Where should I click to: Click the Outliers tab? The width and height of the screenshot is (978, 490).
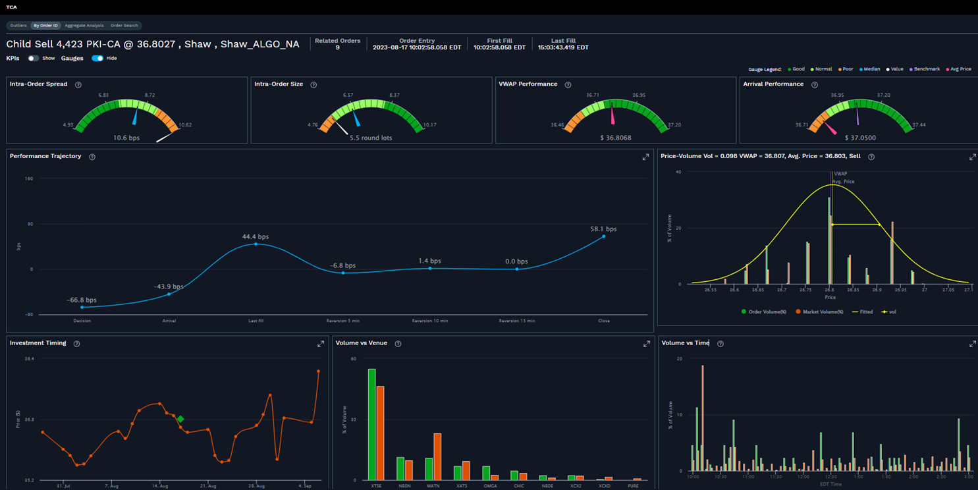tap(18, 26)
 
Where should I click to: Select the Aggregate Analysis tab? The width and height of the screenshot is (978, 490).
tap(84, 26)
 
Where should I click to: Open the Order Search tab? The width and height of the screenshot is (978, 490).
tap(124, 26)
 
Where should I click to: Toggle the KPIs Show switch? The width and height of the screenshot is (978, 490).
tap(33, 59)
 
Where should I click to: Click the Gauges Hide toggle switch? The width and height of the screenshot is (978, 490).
tap(97, 59)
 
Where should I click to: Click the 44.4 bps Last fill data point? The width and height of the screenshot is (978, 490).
tap(256, 244)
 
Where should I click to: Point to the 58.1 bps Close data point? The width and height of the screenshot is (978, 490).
tap(603, 236)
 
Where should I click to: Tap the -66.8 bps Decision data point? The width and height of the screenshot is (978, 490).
tap(82, 308)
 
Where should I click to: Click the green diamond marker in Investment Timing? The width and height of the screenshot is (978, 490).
tap(180, 419)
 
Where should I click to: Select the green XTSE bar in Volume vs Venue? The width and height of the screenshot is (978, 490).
tap(371, 424)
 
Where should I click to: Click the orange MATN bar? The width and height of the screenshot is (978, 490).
tap(437, 456)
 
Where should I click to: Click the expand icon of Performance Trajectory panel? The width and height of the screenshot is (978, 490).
tap(645, 157)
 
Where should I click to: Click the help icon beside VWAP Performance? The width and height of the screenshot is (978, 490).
tap(568, 85)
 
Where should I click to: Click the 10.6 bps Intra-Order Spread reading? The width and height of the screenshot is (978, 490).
tap(126, 138)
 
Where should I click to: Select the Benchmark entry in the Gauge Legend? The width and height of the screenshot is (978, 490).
tap(926, 69)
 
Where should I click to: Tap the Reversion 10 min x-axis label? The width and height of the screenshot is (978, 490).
tap(430, 321)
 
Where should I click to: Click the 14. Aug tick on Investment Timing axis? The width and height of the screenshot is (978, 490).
tap(160, 486)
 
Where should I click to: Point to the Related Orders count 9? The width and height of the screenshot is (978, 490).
tap(337, 48)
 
